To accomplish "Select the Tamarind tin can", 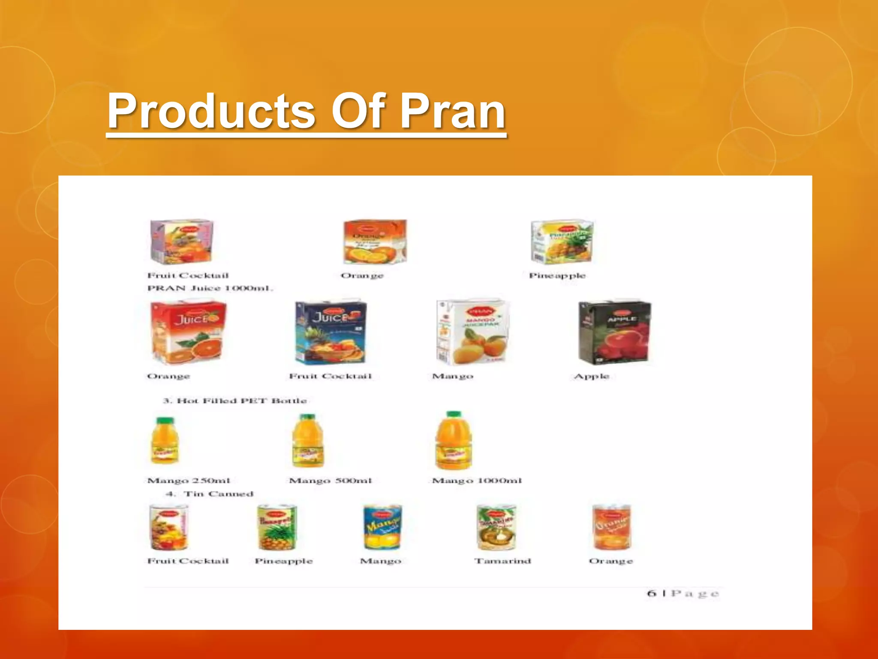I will pyautogui.click(x=496, y=527).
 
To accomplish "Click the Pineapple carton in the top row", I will pyautogui.click(x=562, y=242).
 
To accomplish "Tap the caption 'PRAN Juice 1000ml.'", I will pyautogui.click(x=210, y=288).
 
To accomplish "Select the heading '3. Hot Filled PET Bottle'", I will pyautogui.click(x=235, y=401).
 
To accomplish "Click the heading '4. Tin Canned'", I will pyautogui.click(x=210, y=494).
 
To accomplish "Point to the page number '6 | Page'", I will pyautogui.click(x=683, y=593).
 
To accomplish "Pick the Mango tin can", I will pyautogui.click(x=382, y=527).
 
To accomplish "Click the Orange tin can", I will pyautogui.click(x=611, y=527).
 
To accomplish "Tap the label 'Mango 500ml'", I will pyautogui.click(x=330, y=481).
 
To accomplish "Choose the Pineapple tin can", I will pyautogui.click(x=277, y=527).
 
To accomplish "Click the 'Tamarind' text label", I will pyautogui.click(x=502, y=561).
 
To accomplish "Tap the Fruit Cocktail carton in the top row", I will pyautogui.click(x=181, y=242).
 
